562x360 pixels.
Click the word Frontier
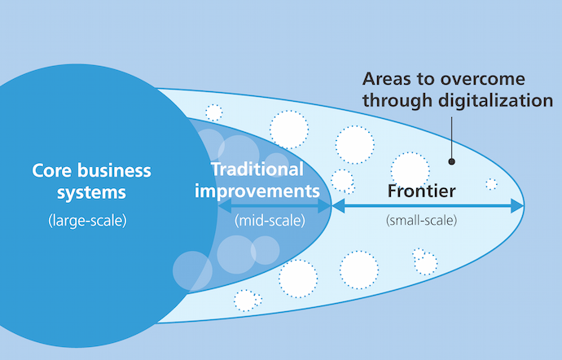421,192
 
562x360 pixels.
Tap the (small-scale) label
421,220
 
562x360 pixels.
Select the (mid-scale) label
269,220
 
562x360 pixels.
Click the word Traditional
257,169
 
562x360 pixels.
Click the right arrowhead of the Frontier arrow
517,206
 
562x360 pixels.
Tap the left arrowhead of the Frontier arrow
337,206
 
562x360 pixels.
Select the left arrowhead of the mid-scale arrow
223,207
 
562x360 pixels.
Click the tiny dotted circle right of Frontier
491,184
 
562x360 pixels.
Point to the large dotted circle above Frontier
410,168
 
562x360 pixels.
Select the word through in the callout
395,102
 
